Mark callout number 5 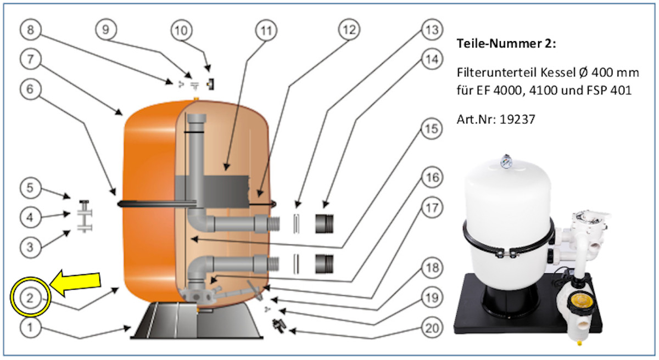(x=31, y=189)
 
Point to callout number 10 (x=181, y=31)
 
